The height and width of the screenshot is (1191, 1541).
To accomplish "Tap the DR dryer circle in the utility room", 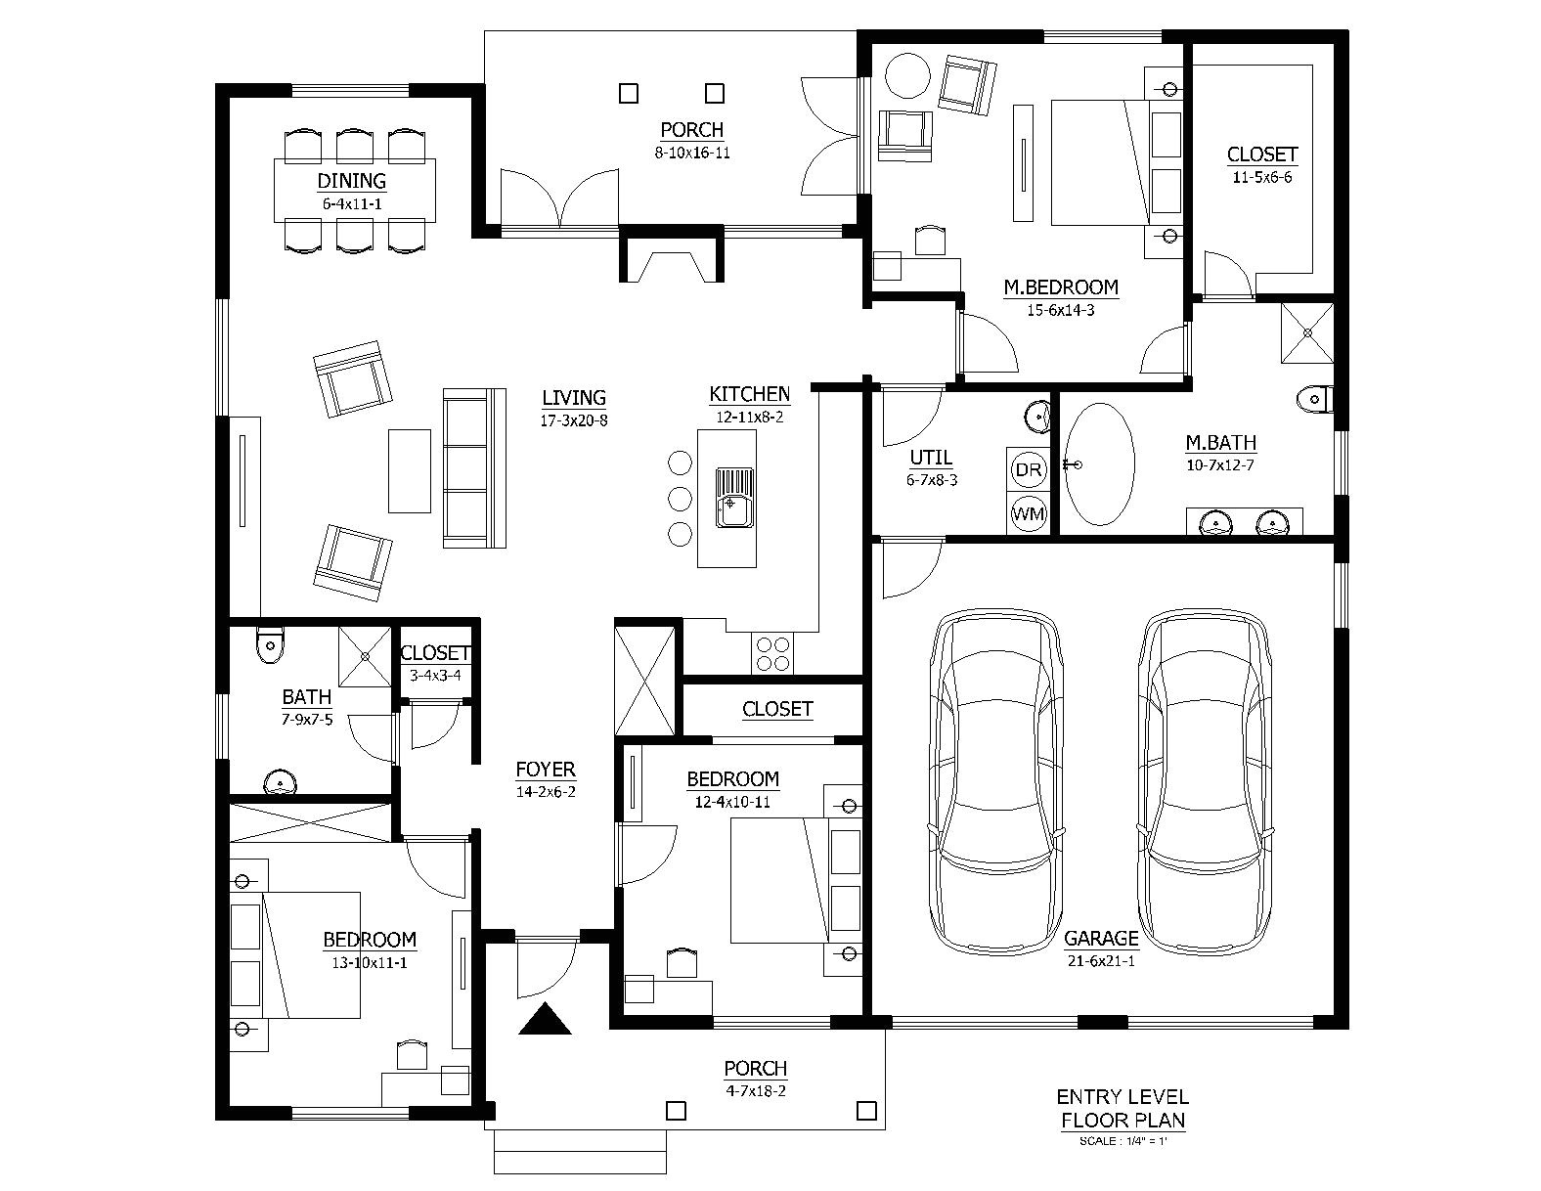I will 1028,470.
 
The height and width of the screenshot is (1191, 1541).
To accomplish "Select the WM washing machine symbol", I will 1028,512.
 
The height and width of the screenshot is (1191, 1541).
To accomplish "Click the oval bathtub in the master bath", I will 1099,466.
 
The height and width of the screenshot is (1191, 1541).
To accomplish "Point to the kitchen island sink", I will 734,497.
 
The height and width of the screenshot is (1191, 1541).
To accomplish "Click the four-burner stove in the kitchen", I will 772,653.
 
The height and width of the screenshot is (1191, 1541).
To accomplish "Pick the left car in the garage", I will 994,782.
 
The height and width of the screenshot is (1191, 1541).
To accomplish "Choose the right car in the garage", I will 1208,782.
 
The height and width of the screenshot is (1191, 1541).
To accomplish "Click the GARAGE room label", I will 1101,939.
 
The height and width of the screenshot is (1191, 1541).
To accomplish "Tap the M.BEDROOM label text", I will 1060,287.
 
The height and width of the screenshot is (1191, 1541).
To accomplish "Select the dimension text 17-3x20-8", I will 574,421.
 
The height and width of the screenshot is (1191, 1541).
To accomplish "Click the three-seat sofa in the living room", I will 475,467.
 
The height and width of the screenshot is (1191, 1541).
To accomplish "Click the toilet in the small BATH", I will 269,644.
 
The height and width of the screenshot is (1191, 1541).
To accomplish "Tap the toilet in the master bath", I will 1313,398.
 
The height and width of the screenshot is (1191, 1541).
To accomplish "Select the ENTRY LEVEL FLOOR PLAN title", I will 1123,1108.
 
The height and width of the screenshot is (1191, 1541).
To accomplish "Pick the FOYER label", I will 545,770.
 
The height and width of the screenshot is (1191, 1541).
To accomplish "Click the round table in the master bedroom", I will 906,76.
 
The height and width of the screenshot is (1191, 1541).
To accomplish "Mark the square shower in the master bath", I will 1307,332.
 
